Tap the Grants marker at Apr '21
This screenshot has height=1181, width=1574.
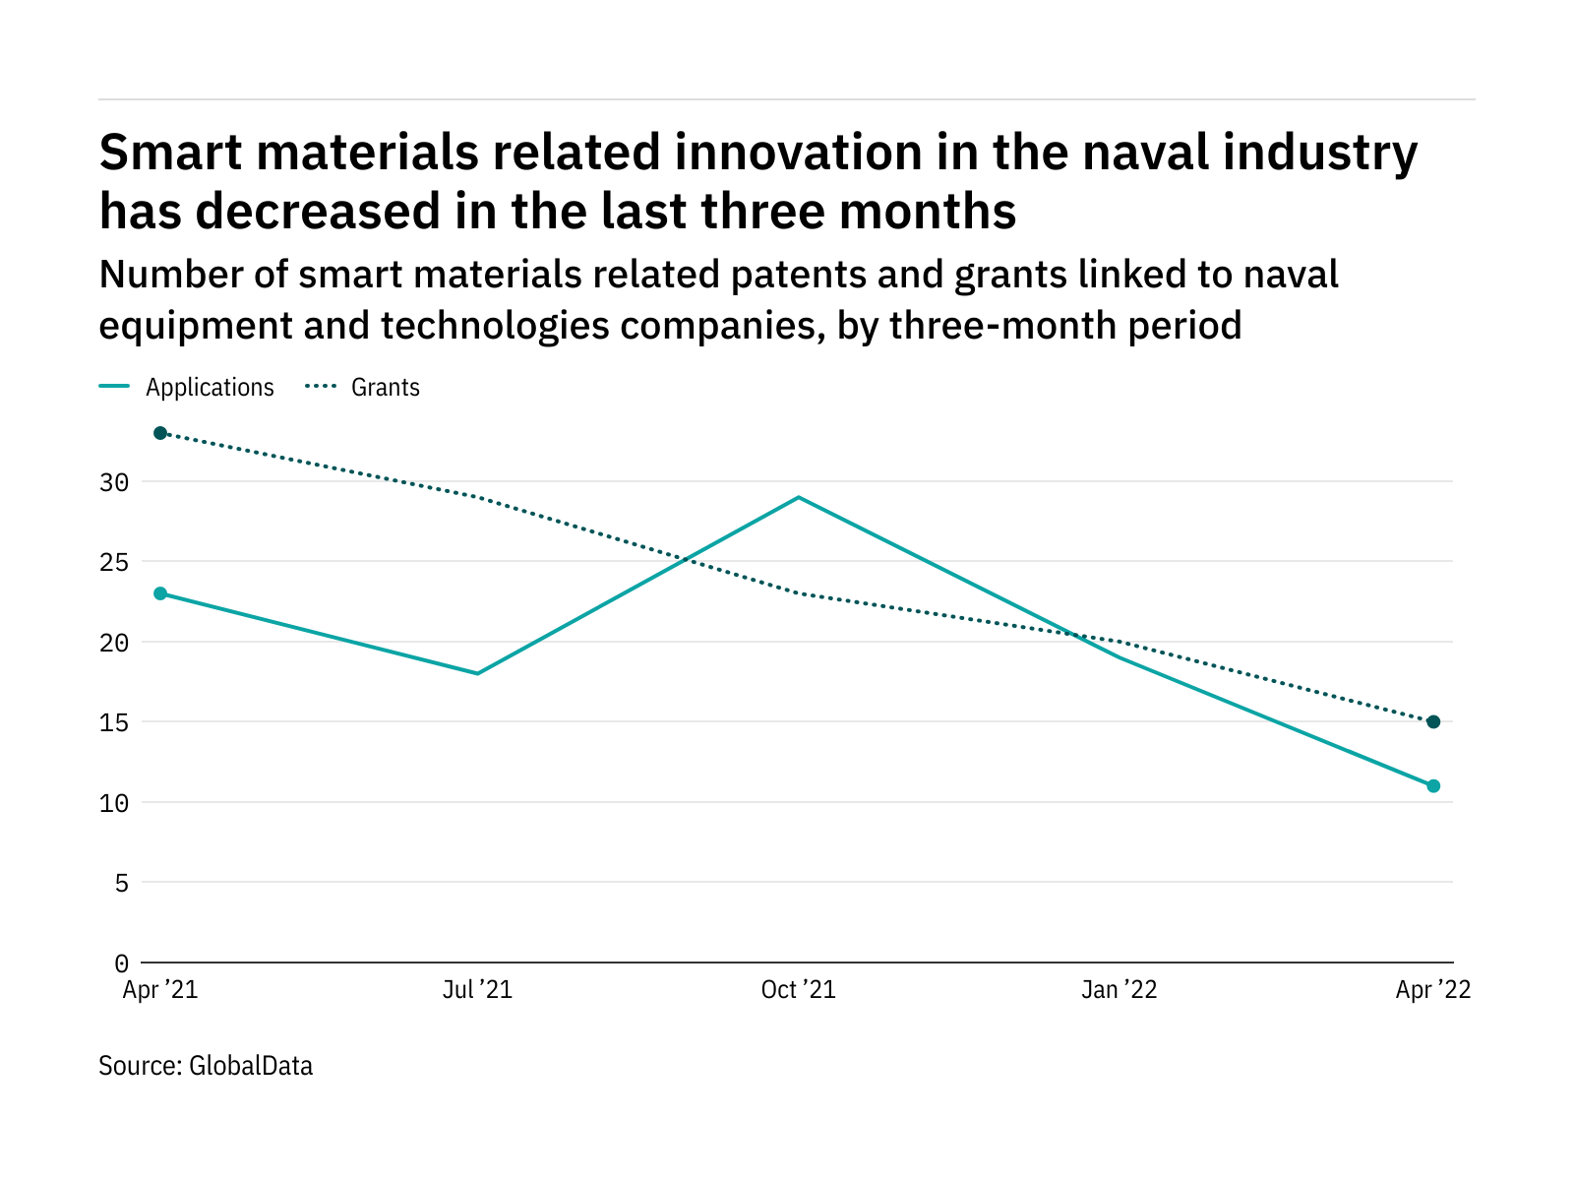pos(160,433)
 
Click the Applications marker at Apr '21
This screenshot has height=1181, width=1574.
pos(160,593)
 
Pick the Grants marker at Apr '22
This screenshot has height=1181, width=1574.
pos(1433,722)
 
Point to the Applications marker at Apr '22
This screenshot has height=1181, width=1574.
pos(1433,786)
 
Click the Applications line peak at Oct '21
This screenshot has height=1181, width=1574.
pos(798,498)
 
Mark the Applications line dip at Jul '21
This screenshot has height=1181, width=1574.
pos(478,673)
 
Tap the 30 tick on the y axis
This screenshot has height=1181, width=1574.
pos(114,482)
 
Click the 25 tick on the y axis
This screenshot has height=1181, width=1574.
pos(114,562)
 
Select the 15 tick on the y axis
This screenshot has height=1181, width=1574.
pos(114,722)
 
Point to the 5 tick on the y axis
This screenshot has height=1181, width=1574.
pos(121,883)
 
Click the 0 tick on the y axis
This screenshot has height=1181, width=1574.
pos(121,963)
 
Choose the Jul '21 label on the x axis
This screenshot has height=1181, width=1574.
pos(477,990)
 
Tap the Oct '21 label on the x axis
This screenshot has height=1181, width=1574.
pos(798,990)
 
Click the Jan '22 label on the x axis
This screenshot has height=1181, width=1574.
pos(1119,990)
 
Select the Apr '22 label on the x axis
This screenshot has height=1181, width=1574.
pos(1432,990)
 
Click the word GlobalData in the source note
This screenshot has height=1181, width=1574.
pos(251,1066)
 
